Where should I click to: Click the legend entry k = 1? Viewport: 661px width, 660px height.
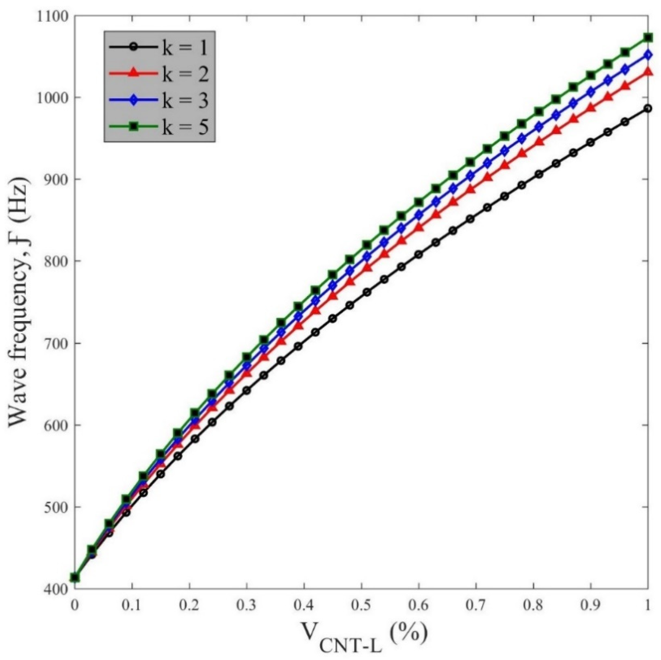tap(159, 49)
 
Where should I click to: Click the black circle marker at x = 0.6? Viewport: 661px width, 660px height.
tap(418, 255)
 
